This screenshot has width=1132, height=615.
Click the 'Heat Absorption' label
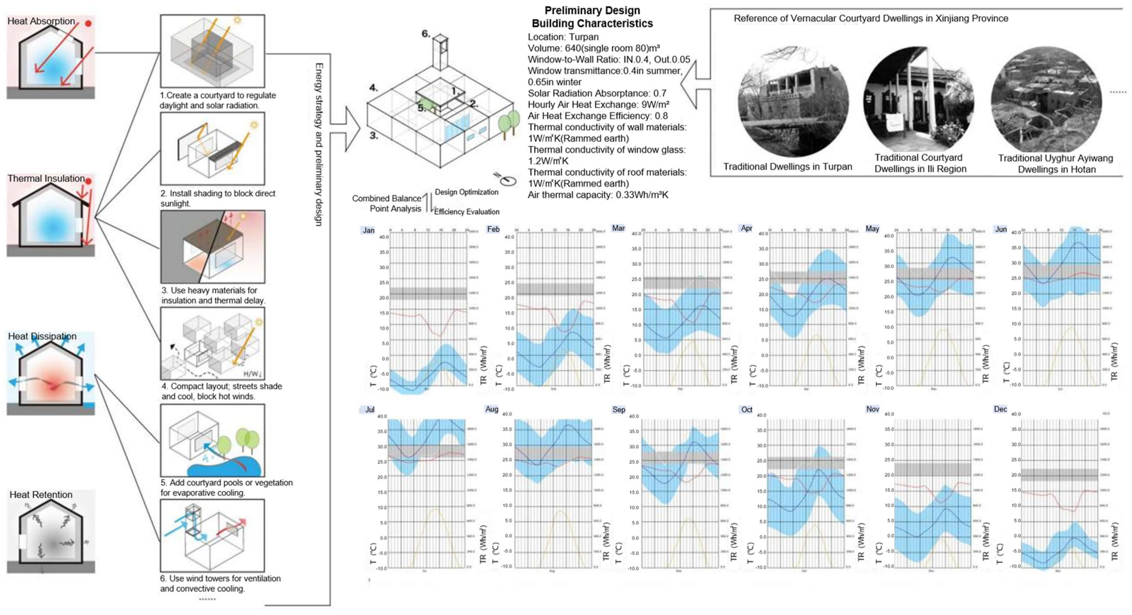(41, 21)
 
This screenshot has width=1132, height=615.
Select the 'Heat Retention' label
(41, 495)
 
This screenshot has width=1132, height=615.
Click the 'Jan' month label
(368, 230)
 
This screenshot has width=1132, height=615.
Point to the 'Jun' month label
(1001, 229)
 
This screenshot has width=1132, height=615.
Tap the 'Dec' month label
(1000, 409)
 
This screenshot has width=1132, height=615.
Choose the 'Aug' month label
(492, 409)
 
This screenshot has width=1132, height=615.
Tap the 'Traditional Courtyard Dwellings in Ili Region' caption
(920, 163)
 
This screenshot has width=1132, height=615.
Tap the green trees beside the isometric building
(508, 122)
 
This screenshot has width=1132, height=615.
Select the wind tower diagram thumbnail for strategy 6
(212, 535)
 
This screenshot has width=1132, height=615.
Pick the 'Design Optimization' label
(466, 192)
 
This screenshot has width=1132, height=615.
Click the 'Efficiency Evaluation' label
(467, 212)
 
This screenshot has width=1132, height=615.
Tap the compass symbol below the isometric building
(508, 179)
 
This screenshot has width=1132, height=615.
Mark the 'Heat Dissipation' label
(42, 336)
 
